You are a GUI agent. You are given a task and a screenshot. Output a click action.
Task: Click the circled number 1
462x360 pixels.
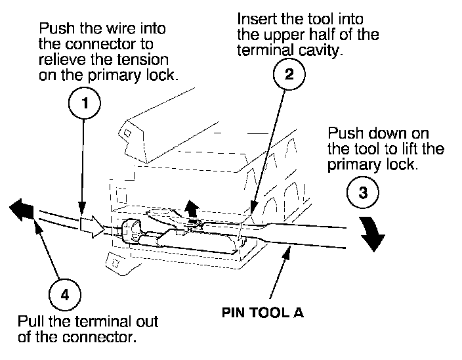83,102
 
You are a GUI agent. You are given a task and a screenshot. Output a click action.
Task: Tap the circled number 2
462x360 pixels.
289,74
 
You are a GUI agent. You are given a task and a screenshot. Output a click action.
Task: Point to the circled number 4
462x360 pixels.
64,294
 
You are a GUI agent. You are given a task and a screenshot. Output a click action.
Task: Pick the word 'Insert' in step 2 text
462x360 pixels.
257,18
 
